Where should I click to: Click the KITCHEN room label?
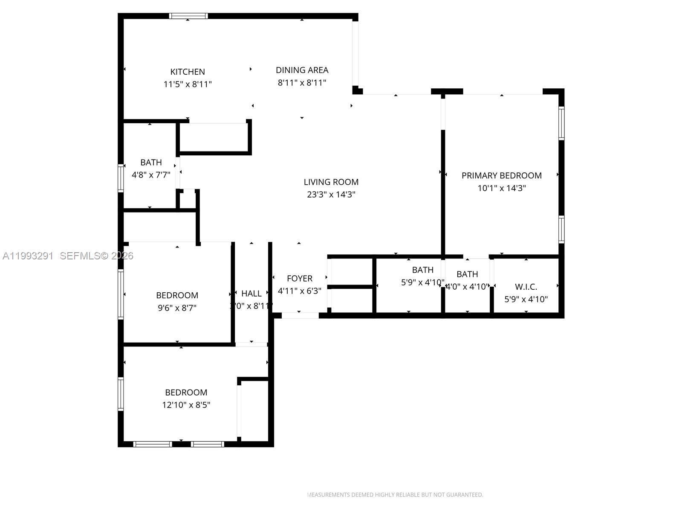[188, 72]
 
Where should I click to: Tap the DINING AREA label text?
[302, 70]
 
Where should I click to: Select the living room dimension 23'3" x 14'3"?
[331, 195]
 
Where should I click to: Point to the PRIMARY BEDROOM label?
[501, 175]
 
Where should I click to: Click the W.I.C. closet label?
[526, 287]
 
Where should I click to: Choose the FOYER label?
[299, 278]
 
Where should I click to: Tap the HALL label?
[251, 294]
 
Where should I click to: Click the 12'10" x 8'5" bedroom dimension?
[186, 405]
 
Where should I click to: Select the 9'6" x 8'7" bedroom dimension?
[177, 308]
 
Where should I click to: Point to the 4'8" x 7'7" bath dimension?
[151, 175]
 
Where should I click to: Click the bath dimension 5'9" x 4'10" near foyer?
[422, 282]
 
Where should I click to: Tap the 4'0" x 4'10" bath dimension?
[467, 287]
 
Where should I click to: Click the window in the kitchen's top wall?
[188, 16]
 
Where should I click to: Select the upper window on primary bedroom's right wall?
[561, 123]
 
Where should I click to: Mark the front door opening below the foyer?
[300, 316]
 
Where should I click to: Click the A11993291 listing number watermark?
[28, 256]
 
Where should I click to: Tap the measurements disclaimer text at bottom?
[395, 495]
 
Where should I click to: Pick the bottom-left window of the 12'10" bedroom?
[153, 444]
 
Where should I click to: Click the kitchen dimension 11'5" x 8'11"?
[188, 84]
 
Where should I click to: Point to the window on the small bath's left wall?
[121, 177]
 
